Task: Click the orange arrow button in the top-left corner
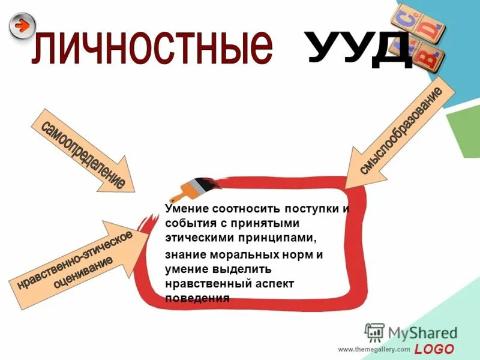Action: [x=22, y=26]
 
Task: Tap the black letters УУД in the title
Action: [x=360, y=47]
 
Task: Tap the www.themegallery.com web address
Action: [x=373, y=349]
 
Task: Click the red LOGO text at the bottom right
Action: [x=435, y=349]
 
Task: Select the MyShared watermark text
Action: [x=422, y=332]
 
